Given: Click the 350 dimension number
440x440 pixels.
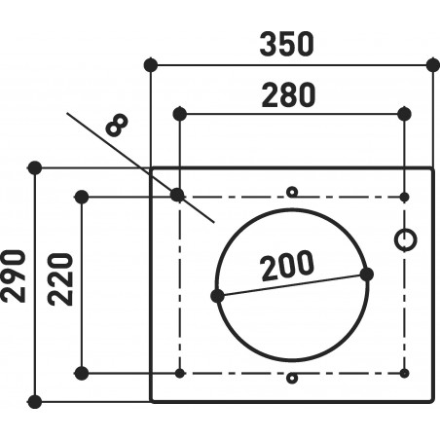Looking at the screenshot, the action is point(287,44).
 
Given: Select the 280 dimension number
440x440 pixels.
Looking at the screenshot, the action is point(288,95).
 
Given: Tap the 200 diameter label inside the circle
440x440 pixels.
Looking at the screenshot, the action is point(287,265).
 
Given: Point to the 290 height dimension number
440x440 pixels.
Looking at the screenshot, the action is point(14,276).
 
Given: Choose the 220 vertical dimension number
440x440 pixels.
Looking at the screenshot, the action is point(60,279).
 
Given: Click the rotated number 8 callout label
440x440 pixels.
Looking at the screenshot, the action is point(117,125).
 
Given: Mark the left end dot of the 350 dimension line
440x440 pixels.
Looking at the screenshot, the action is point(150,65).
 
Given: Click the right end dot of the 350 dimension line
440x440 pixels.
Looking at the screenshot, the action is point(433,65).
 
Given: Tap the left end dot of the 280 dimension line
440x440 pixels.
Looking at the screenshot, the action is point(180,114).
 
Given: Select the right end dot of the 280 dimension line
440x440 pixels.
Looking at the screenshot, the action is point(404,114).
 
